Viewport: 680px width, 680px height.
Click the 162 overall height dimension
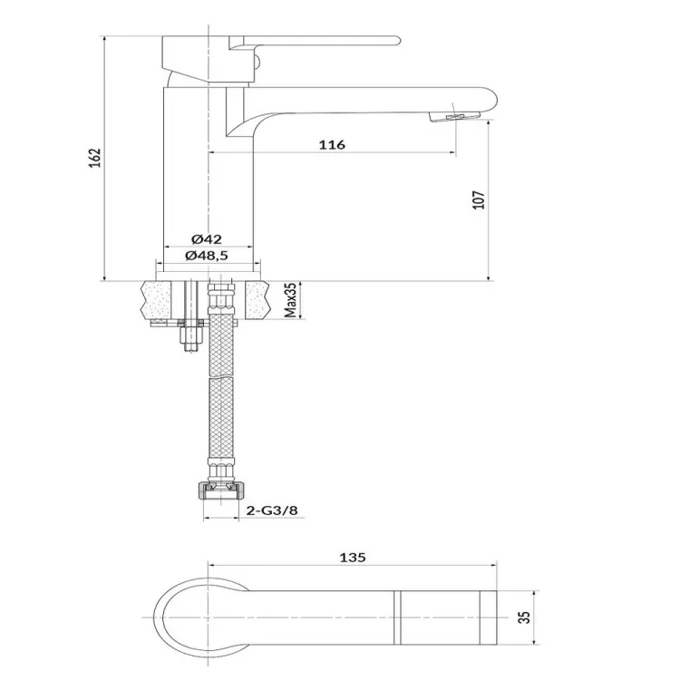tap(95, 159)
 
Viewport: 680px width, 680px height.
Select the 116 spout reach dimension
tap(332, 144)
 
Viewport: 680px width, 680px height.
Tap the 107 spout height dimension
tap(479, 200)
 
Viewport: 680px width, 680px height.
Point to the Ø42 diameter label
tap(207, 239)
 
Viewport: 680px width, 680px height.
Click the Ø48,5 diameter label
tap(207, 256)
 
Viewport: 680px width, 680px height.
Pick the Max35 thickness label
tap(291, 300)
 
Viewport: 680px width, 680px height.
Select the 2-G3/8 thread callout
tap(272, 510)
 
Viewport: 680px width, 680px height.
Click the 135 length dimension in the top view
tap(353, 558)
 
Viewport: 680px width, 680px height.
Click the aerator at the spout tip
tap(454, 116)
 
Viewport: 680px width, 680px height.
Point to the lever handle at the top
tap(315, 42)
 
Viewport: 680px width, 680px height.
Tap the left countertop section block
tap(156, 300)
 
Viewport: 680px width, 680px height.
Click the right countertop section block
tap(258, 300)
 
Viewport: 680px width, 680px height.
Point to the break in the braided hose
tap(221, 376)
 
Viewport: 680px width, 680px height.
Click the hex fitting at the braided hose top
tap(221, 295)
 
